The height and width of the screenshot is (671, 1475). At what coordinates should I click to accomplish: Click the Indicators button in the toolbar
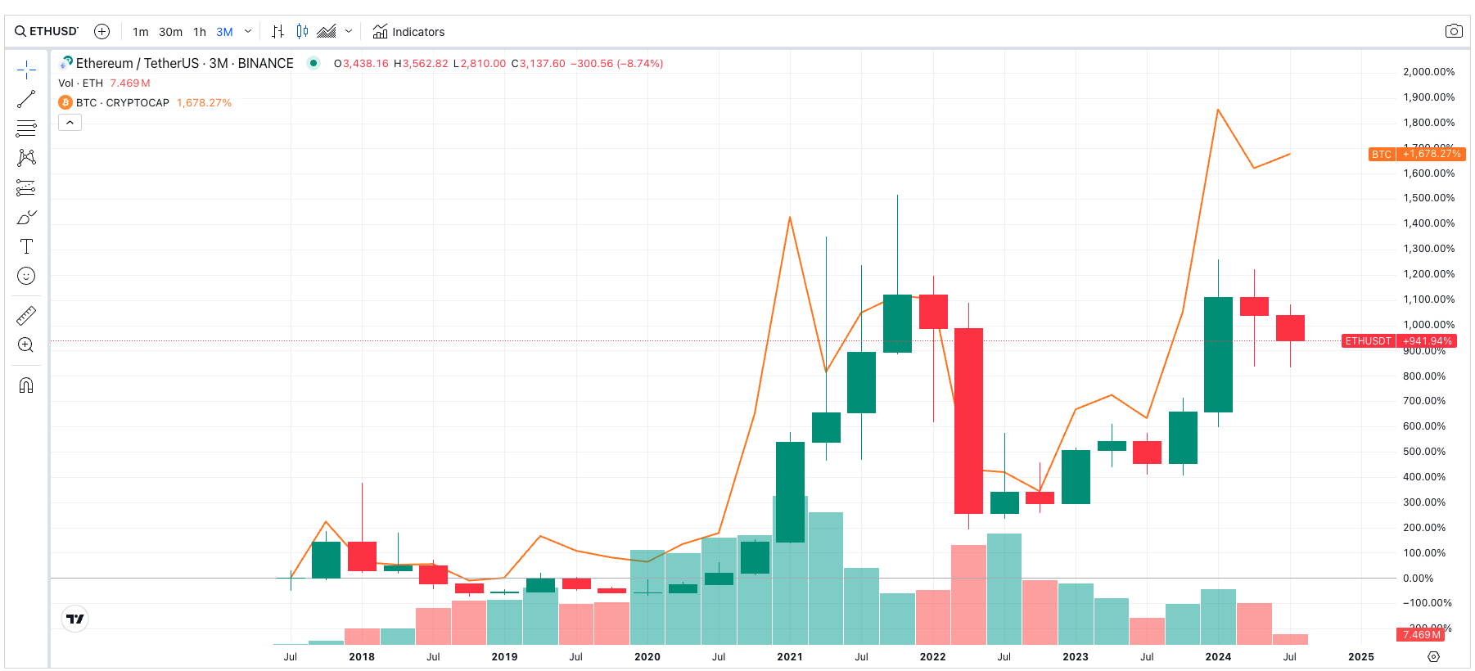(x=408, y=32)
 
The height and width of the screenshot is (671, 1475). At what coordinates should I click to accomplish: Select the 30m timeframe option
(x=170, y=32)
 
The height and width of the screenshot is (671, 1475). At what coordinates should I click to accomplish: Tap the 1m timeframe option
(x=141, y=32)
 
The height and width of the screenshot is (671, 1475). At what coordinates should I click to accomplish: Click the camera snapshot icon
(x=1453, y=31)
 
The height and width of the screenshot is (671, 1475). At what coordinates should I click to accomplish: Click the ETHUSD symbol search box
(x=47, y=31)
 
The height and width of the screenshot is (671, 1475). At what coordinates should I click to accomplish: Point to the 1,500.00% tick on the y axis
(x=1428, y=198)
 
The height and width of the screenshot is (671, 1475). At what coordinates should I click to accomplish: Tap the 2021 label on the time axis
(x=790, y=656)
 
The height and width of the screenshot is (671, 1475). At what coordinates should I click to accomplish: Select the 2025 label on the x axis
(x=1361, y=656)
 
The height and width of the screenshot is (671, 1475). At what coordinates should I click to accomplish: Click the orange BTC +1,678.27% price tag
(x=1417, y=154)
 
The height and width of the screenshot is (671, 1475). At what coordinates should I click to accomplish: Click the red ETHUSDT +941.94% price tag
(x=1399, y=341)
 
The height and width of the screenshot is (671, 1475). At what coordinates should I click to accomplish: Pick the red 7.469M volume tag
(x=1420, y=635)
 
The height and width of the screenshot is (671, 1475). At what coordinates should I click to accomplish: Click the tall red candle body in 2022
(x=968, y=421)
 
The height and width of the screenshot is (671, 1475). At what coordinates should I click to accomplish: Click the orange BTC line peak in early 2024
(x=1218, y=110)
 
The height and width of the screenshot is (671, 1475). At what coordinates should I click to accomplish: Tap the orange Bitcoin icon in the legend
(x=65, y=102)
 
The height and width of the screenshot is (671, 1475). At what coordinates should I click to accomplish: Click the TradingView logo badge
(x=75, y=619)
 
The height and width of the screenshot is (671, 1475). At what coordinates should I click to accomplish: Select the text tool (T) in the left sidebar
(x=26, y=246)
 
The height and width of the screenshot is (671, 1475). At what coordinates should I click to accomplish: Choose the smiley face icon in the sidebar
(x=26, y=276)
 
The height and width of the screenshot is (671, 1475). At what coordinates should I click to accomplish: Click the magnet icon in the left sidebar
(x=26, y=385)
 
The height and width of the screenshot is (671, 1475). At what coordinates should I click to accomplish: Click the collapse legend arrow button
(x=70, y=123)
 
